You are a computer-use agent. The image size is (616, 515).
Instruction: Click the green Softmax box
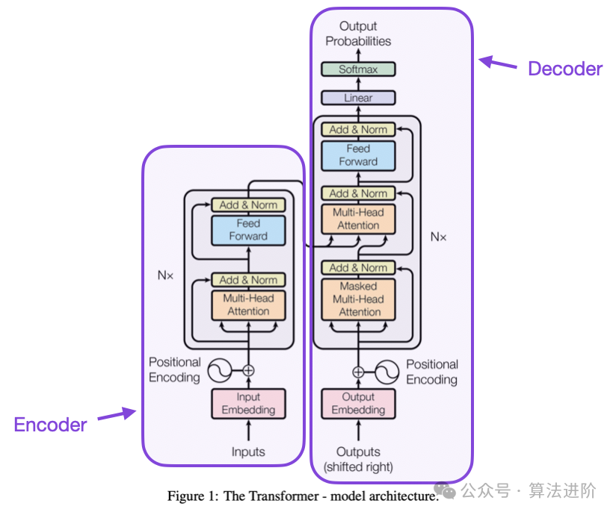(358, 69)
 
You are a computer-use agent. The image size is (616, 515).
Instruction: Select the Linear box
(358, 98)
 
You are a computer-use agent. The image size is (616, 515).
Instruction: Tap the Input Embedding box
(248, 403)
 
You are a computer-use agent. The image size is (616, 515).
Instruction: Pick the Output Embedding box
(358, 403)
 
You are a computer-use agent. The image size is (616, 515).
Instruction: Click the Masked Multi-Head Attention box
(358, 299)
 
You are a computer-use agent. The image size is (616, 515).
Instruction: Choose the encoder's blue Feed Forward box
(248, 229)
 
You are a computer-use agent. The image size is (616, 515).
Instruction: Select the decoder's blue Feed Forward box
(358, 155)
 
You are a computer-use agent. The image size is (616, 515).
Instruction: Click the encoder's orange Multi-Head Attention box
(248, 305)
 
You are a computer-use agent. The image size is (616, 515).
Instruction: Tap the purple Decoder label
(564, 69)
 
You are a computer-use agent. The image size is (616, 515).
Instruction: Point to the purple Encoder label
(51, 425)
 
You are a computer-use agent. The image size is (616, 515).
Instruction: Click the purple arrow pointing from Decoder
(498, 63)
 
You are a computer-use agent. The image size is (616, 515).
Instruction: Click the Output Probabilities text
(358, 34)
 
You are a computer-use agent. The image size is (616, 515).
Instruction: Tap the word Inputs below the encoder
(248, 452)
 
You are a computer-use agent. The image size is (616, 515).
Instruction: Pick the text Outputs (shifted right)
(358, 459)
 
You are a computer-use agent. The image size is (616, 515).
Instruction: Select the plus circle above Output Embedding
(358, 371)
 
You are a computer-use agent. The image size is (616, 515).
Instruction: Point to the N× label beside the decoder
(438, 237)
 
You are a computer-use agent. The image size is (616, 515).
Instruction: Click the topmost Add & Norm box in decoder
(358, 129)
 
